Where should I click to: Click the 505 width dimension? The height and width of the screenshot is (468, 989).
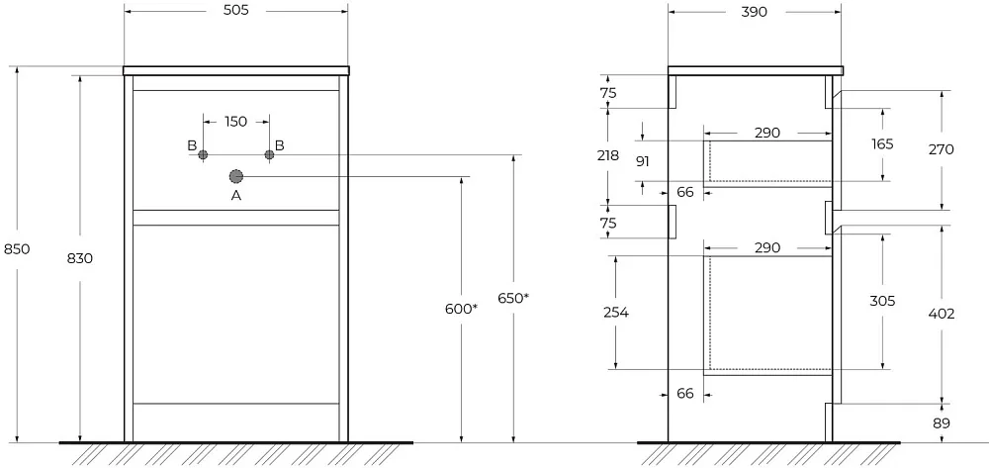pyautogui.click(x=235, y=11)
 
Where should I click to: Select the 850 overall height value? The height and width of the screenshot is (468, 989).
pyautogui.click(x=17, y=249)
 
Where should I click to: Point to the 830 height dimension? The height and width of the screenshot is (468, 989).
pyautogui.click(x=80, y=258)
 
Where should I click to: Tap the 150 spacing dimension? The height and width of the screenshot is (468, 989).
pyautogui.click(x=235, y=122)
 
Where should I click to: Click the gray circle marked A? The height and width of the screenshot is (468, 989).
pyautogui.click(x=236, y=176)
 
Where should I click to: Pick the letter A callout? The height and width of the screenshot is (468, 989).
pyautogui.click(x=236, y=196)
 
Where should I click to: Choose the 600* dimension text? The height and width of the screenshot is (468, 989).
pyautogui.click(x=461, y=309)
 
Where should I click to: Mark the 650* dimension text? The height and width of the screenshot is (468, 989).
pyautogui.click(x=512, y=299)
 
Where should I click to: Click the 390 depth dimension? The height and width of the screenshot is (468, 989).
pyautogui.click(x=754, y=12)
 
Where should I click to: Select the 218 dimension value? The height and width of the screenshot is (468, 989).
pyautogui.click(x=607, y=155)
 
